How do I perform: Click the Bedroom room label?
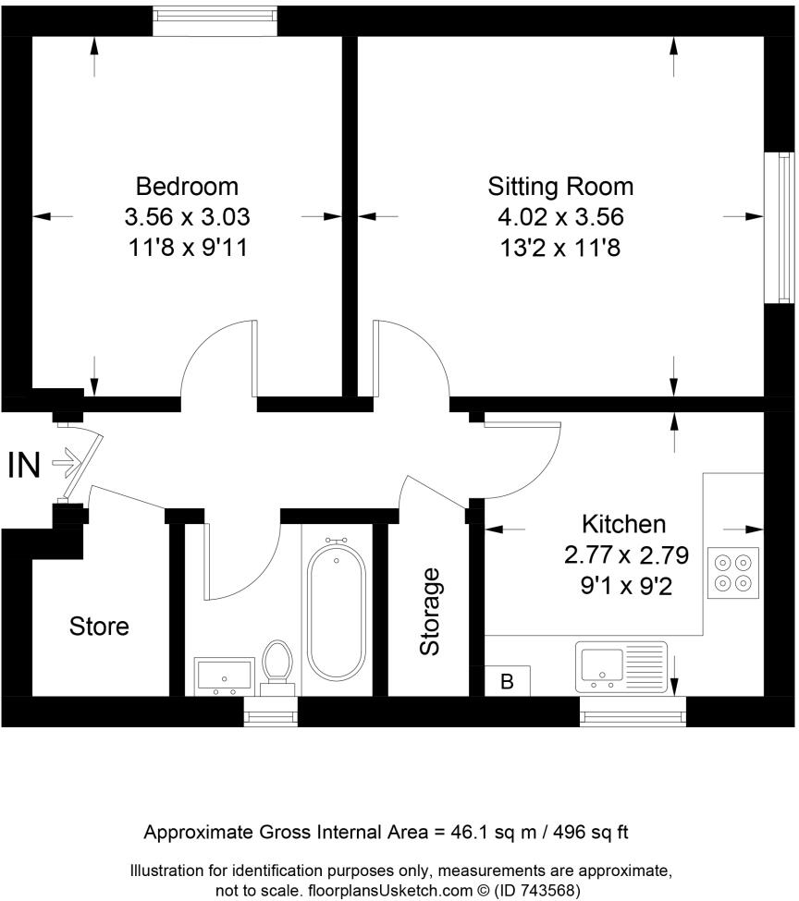tap(187, 187)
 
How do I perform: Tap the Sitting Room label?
tap(560, 187)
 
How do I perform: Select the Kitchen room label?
tap(623, 524)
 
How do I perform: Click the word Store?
tap(99, 627)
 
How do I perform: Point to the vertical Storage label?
tap(430, 612)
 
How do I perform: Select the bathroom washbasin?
tap(225, 676)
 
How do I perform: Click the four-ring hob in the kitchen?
tap(732, 574)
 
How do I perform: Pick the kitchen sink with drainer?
tap(621, 667)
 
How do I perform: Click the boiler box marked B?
tap(508, 681)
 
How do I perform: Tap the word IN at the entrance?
tap(24, 465)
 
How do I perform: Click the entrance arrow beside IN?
tap(65, 462)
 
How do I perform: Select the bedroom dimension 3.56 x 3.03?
tap(188, 217)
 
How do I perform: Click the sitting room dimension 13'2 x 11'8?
tap(560, 249)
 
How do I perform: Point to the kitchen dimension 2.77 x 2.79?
tap(626, 555)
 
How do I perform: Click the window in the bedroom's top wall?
tap(215, 21)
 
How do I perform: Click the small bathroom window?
tap(270, 712)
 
